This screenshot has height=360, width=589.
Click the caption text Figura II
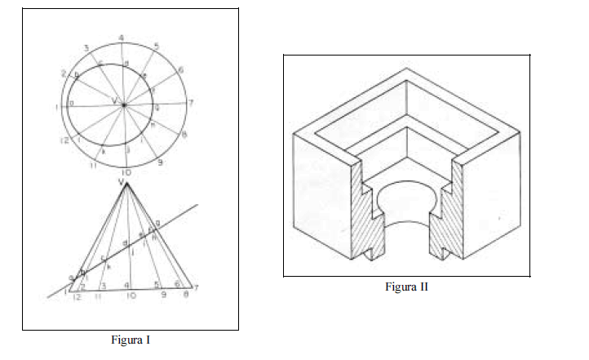coord(407,287)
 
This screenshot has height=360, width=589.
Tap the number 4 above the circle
coord(121,38)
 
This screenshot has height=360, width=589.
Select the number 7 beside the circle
coord(190,103)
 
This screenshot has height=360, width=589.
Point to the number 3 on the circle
coord(86,48)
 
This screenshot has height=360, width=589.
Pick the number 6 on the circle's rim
coord(179,70)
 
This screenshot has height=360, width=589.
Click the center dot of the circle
coord(123,104)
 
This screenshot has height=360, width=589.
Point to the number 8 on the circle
coord(184,135)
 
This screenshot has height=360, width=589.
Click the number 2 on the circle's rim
coord(64,74)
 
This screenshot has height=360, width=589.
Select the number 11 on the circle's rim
coord(94,165)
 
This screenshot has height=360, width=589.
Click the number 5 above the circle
coord(156,46)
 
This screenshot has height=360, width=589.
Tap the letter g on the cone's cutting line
coord(157,222)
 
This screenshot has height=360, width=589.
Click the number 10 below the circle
coord(126,173)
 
